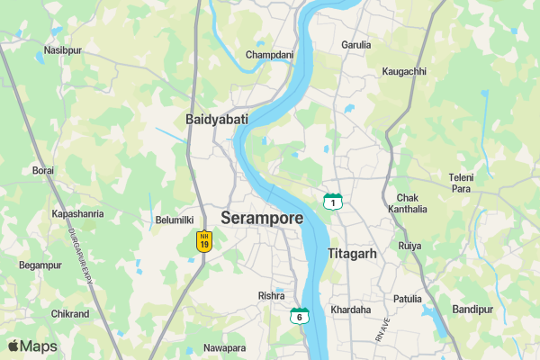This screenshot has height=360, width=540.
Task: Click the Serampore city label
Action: [x=262, y=219]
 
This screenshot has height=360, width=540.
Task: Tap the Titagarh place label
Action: [x=352, y=254]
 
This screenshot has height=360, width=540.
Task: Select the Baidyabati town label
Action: [x=216, y=119]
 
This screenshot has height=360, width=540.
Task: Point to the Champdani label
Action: [x=269, y=55]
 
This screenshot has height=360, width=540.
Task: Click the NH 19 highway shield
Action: [x=204, y=241]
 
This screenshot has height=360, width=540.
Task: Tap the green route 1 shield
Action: [x=333, y=202]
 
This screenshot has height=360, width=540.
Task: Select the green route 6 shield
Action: [x=299, y=315]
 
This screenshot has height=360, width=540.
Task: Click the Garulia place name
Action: [x=356, y=44]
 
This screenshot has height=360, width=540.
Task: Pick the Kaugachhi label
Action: [x=404, y=71]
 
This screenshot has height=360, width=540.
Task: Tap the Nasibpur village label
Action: [x=62, y=50]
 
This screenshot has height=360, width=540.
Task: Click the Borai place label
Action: [x=43, y=170]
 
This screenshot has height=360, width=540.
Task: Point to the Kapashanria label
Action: [x=77, y=214]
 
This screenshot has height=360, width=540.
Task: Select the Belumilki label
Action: [x=175, y=220]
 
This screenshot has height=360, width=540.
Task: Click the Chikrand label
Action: [x=70, y=314]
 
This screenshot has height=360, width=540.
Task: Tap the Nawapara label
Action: [x=224, y=348]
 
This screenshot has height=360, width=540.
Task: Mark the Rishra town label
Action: [x=271, y=295]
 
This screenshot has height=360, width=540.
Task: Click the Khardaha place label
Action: [x=351, y=310]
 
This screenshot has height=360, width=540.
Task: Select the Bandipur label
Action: [x=472, y=309]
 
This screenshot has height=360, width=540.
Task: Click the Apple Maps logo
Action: [x=32, y=346]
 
